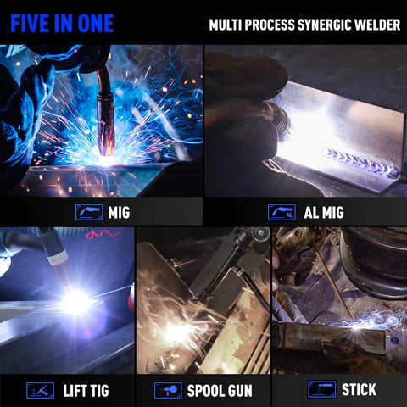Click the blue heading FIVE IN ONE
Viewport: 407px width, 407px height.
point(62,23)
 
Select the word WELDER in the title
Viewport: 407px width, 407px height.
point(377,25)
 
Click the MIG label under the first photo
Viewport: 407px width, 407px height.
point(119,213)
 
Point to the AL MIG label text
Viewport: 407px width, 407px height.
point(324,213)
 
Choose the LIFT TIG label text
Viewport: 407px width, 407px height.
point(86,391)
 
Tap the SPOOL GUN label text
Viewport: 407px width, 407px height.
point(220,391)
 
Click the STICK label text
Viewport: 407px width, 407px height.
point(359,389)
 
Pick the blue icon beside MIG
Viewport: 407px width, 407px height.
point(89,212)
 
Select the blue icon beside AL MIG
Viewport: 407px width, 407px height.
point(282,212)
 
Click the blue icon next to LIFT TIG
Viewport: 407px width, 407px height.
point(40,390)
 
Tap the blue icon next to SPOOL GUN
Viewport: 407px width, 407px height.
point(168,390)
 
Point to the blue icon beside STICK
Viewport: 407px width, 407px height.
point(321,389)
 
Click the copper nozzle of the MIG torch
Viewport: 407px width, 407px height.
point(106,125)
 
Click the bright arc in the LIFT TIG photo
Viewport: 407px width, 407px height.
point(75,303)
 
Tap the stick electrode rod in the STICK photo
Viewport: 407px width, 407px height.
point(335,286)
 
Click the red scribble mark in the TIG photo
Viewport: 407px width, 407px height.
point(103,234)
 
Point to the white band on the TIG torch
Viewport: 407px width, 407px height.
point(58,257)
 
